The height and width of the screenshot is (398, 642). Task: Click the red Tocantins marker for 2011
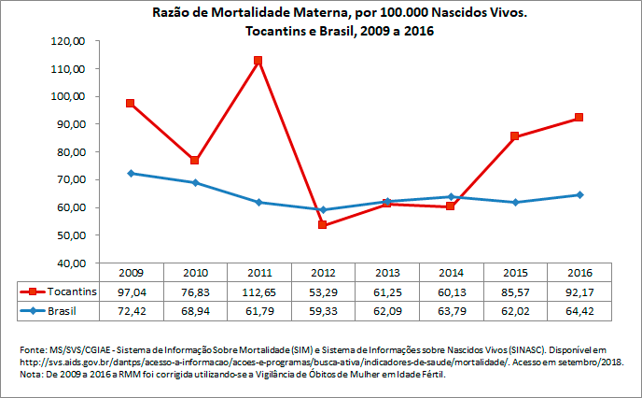(x=258, y=61)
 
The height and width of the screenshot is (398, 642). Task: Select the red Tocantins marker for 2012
(x=323, y=225)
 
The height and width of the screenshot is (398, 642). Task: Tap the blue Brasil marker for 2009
(x=132, y=173)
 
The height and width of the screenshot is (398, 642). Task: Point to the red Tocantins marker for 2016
(x=579, y=118)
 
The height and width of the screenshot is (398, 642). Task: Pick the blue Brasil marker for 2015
(x=514, y=202)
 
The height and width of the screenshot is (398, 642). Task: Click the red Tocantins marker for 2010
(x=195, y=160)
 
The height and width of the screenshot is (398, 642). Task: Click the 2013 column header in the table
(x=386, y=272)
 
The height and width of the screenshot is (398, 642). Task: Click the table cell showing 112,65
(x=258, y=291)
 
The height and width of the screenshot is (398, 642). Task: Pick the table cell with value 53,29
(x=323, y=291)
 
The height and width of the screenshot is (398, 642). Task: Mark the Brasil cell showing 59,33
(x=323, y=309)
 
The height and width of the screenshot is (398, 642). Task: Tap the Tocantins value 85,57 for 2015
(x=514, y=291)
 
